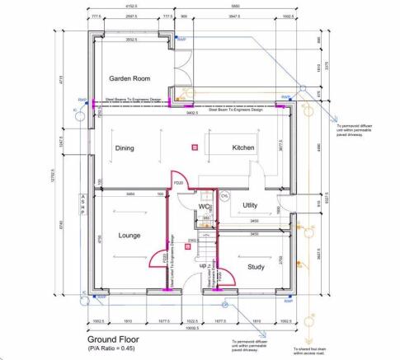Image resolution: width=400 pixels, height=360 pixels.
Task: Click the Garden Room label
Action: click(129, 78)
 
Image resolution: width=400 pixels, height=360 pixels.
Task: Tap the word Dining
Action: click(125, 148)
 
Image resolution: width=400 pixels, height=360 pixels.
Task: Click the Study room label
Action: click(254, 266)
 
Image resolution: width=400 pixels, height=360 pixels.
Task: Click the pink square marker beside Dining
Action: click(195, 147)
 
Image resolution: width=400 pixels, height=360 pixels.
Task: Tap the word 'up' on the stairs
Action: click(201, 266)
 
